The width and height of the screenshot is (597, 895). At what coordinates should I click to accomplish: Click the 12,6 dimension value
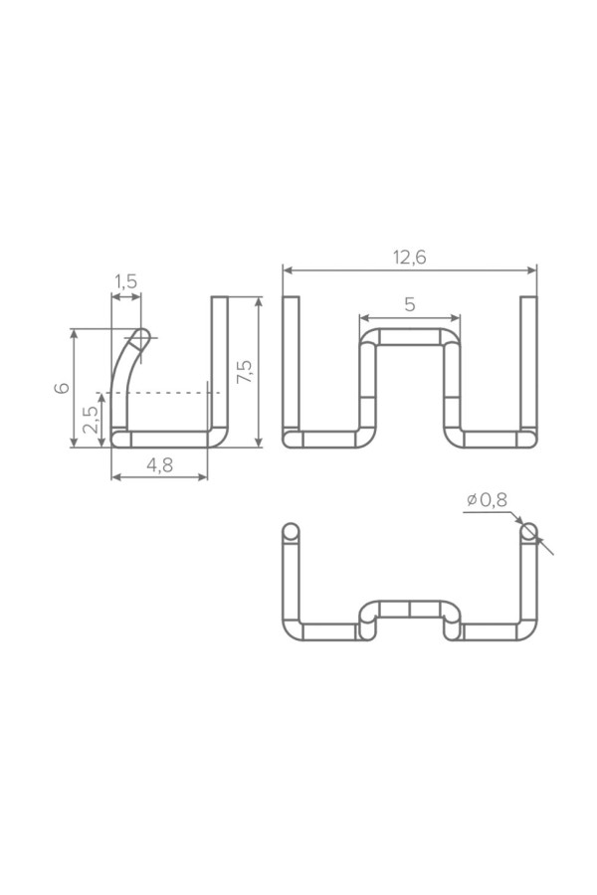(410, 258)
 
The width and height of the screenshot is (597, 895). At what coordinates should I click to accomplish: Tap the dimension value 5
(410, 305)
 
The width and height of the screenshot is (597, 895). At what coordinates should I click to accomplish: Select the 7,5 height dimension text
(245, 371)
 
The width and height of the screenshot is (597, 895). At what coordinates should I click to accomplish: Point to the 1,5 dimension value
(125, 281)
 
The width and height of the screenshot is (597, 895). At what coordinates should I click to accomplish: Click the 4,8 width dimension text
(159, 465)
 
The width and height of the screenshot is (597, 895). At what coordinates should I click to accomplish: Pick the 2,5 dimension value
(92, 420)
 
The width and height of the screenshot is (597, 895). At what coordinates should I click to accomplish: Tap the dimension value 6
(62, 387)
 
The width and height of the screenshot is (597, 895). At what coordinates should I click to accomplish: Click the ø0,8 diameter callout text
(487, 500)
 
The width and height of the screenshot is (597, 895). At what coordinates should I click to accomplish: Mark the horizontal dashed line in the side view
(159, 393)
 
